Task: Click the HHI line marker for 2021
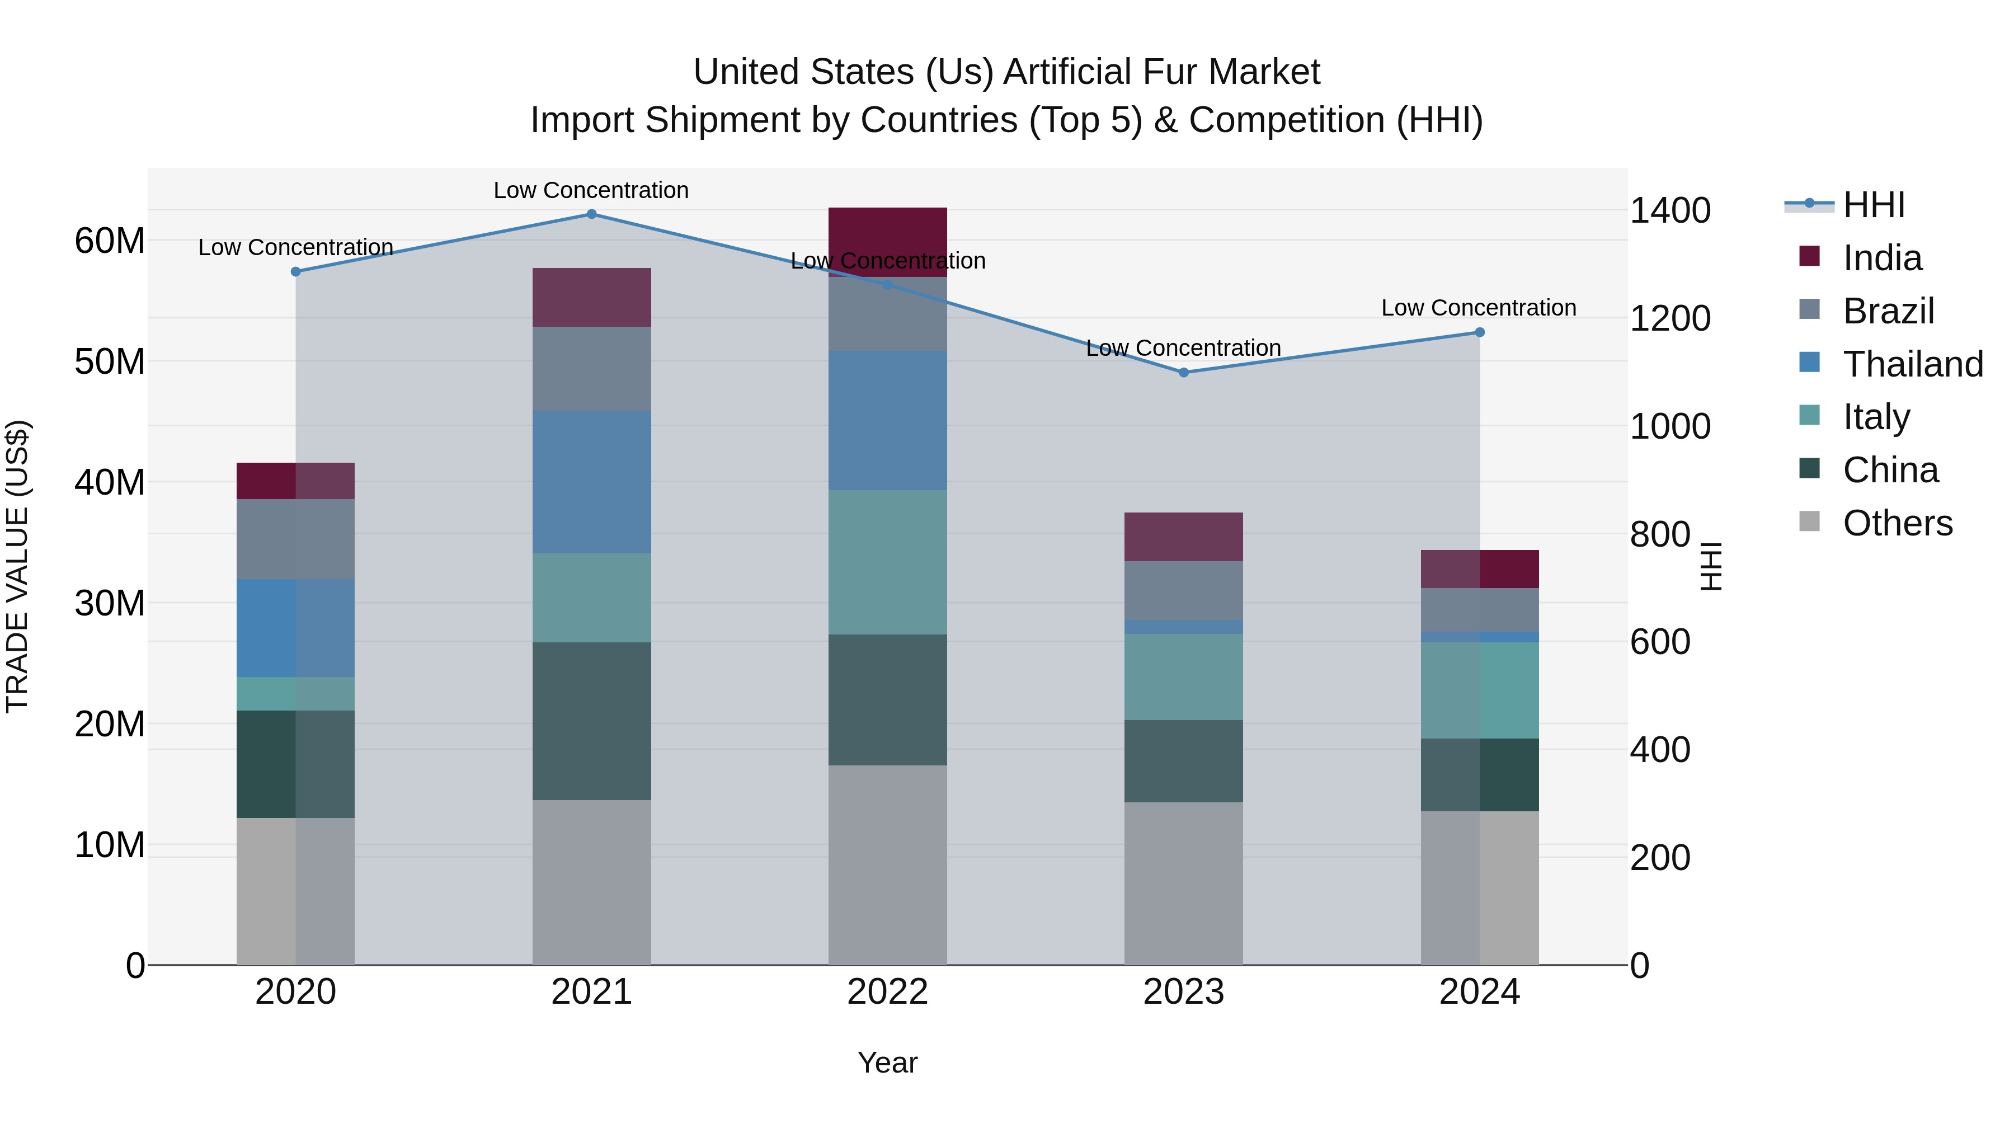(591, 214)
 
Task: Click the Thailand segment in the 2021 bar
(591, 482)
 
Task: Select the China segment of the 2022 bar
(887, 700)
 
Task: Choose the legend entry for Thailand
(1912, 364)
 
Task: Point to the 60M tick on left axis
(110, 241)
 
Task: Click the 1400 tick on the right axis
(1670, 210)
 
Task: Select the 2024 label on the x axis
(1479, 992)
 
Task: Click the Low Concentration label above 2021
(591, 190)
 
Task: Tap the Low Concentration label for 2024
(1479, 308)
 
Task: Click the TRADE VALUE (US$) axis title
(17, 566)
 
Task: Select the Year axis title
(887, 1063)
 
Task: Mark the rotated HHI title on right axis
(1711, 566)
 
